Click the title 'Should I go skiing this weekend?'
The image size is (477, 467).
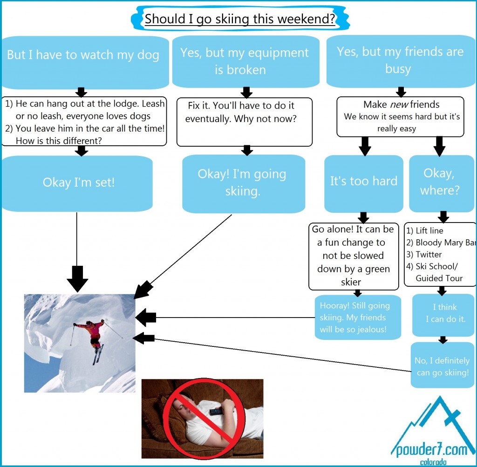coord(240,19)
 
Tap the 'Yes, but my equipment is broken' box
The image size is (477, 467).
coord(245,61)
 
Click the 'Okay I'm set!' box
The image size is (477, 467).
coord(78,182)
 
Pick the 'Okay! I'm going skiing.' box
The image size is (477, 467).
coord(242,182)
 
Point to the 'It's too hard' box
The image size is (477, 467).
coord(363,181)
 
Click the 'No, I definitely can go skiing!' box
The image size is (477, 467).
coord(442,366)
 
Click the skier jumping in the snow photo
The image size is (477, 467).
coord(79,343)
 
